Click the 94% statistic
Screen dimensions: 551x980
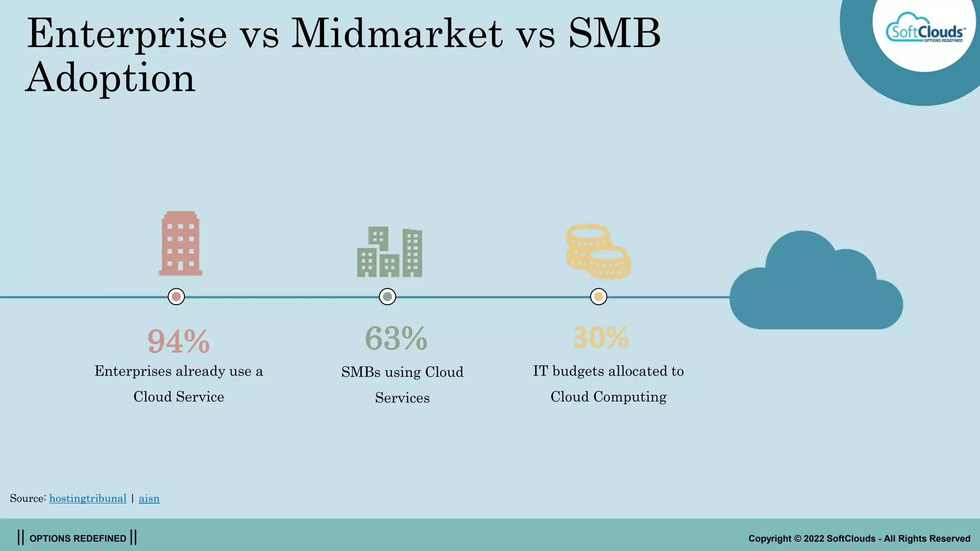[178, 342]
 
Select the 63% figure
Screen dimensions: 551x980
[396, 339]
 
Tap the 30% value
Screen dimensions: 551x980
[601, 338]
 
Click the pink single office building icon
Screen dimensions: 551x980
[180, 244]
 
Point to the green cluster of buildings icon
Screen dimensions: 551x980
[390, 253]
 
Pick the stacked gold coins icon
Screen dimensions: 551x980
[598, 252]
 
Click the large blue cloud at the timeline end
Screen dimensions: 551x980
[816, 287]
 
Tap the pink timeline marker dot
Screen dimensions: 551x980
[176, 297]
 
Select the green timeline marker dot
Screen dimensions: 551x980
[387, 297]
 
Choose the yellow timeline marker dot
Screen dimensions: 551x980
[598, 297]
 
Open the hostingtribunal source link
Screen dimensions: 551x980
[88, 498]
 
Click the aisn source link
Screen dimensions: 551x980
[149, 498]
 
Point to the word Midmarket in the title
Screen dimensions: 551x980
[397, 33]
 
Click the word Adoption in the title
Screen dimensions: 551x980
[111, 77]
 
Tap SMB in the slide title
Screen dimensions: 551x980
[614, 33]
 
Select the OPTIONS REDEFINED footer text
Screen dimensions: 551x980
[78, 538]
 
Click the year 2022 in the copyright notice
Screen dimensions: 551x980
[813, 539]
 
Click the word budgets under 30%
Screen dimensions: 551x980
[578, 371]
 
